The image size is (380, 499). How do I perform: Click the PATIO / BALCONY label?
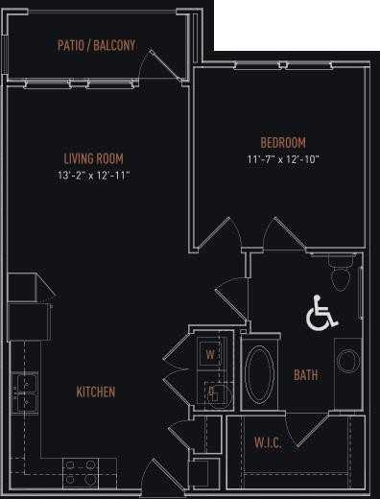pyautogui.click(x=96, y=45)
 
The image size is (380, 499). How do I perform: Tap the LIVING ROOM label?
pyautogui.click(x=93, y=158)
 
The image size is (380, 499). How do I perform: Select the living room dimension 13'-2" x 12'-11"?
pyautogui.click(x=93, y=176)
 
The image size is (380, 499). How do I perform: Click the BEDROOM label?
pyautogui.click(x=282, y=143)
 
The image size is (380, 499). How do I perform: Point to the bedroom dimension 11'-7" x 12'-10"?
pyautogui.click(x=282, y=159)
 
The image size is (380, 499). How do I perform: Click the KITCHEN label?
pyautogui.click(x=96, y=392)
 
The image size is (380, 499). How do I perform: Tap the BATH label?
pyautogui.click(x=306, y=375)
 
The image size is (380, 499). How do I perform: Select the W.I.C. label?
pyautogui.click(x=268, y=442)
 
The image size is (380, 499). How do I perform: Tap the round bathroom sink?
pyautogui.click(x=347, y=361)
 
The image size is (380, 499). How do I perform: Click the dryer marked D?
pyautogui.click(x=210, y=392)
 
